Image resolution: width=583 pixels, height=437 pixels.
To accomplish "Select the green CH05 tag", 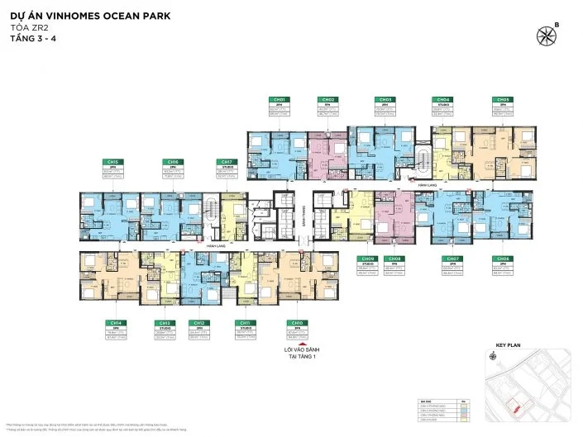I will pyautogui.click(x=502, y=99).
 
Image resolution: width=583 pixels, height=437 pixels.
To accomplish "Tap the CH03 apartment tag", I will pyautogui.click(x=385, y=99).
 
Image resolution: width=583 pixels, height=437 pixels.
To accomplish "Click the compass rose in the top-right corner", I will pyautogui.click(x=547, y=36).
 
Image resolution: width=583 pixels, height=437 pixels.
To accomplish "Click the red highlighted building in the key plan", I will pyautogui.click(x=515, y=406).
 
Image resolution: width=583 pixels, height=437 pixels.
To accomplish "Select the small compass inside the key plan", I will pyautogui.click(x=494, y=356).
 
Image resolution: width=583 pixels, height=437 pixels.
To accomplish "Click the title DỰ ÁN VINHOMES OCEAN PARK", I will pyautogui.click(x=84, y=15).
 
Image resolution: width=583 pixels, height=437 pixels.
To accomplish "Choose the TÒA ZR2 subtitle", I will pyautogui.click(x=26, y=26).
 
